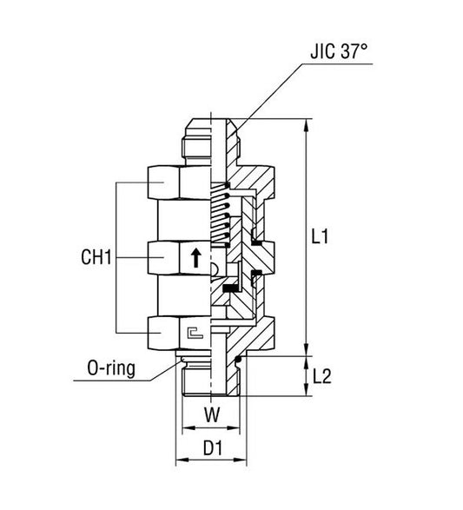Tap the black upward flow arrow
coord(195,256)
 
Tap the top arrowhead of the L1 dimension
coord(307,124)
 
